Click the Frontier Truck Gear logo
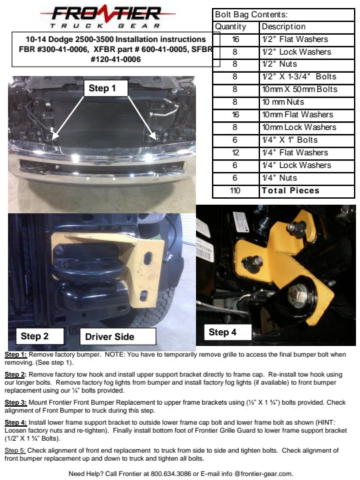click(107, 17)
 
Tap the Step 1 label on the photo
click(105, 89)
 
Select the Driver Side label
click(118, 337)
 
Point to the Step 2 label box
click(40, 336)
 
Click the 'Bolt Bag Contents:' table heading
click(251, 15)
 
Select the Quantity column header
click(231, 27)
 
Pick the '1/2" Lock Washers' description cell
click(296, 52)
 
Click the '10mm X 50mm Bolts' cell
click(300, 89)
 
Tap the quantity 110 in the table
click(235, 191)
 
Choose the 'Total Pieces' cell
click(291, 191)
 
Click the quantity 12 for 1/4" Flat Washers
click(235, 153)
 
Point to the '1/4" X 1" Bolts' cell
click(290, 140)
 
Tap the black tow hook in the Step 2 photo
click(89, 269)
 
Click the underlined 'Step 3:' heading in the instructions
click(15, 403)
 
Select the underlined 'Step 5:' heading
click(15, 451)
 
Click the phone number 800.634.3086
click(171, 473)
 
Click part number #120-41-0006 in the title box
click(116, 59)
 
